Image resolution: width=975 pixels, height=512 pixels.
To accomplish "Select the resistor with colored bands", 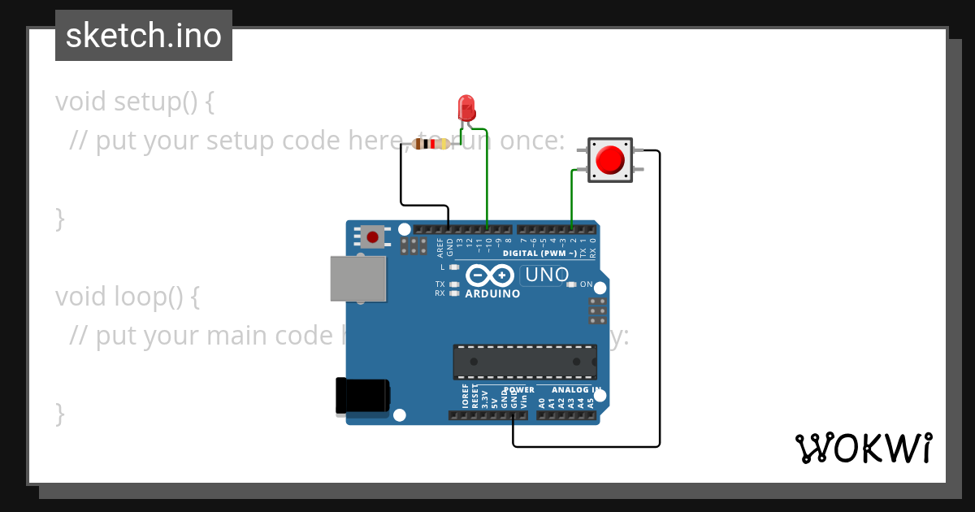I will click(x=431, y=145).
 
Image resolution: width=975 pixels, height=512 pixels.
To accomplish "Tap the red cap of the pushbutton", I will click(x=609, y=160).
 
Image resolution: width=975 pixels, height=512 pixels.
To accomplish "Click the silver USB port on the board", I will click(x=357, y=278).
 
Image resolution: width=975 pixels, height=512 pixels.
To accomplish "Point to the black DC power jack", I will click(x=362, y=397).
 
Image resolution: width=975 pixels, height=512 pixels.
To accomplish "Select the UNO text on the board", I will click(x=547, y=275).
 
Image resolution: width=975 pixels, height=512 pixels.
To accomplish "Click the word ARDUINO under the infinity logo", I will click(x=492, y=293).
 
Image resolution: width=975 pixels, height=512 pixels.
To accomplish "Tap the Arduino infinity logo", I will click(x=491, y=276).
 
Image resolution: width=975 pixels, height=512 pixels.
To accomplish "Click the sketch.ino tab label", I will click(x=144, y=36).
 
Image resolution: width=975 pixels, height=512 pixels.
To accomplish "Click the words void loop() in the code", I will click(x=127, y=297).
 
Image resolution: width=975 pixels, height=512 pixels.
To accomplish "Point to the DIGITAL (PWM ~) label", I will click(x=539, y=254).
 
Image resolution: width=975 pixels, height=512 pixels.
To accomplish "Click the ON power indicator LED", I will click(x=572, y=284).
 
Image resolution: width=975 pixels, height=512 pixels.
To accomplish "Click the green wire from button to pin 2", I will click(x=572, y=199).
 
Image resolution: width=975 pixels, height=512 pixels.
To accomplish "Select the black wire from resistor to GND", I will click(x=401, y=179).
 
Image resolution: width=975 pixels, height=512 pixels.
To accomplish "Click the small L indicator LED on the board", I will click(x=454, y=267).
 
